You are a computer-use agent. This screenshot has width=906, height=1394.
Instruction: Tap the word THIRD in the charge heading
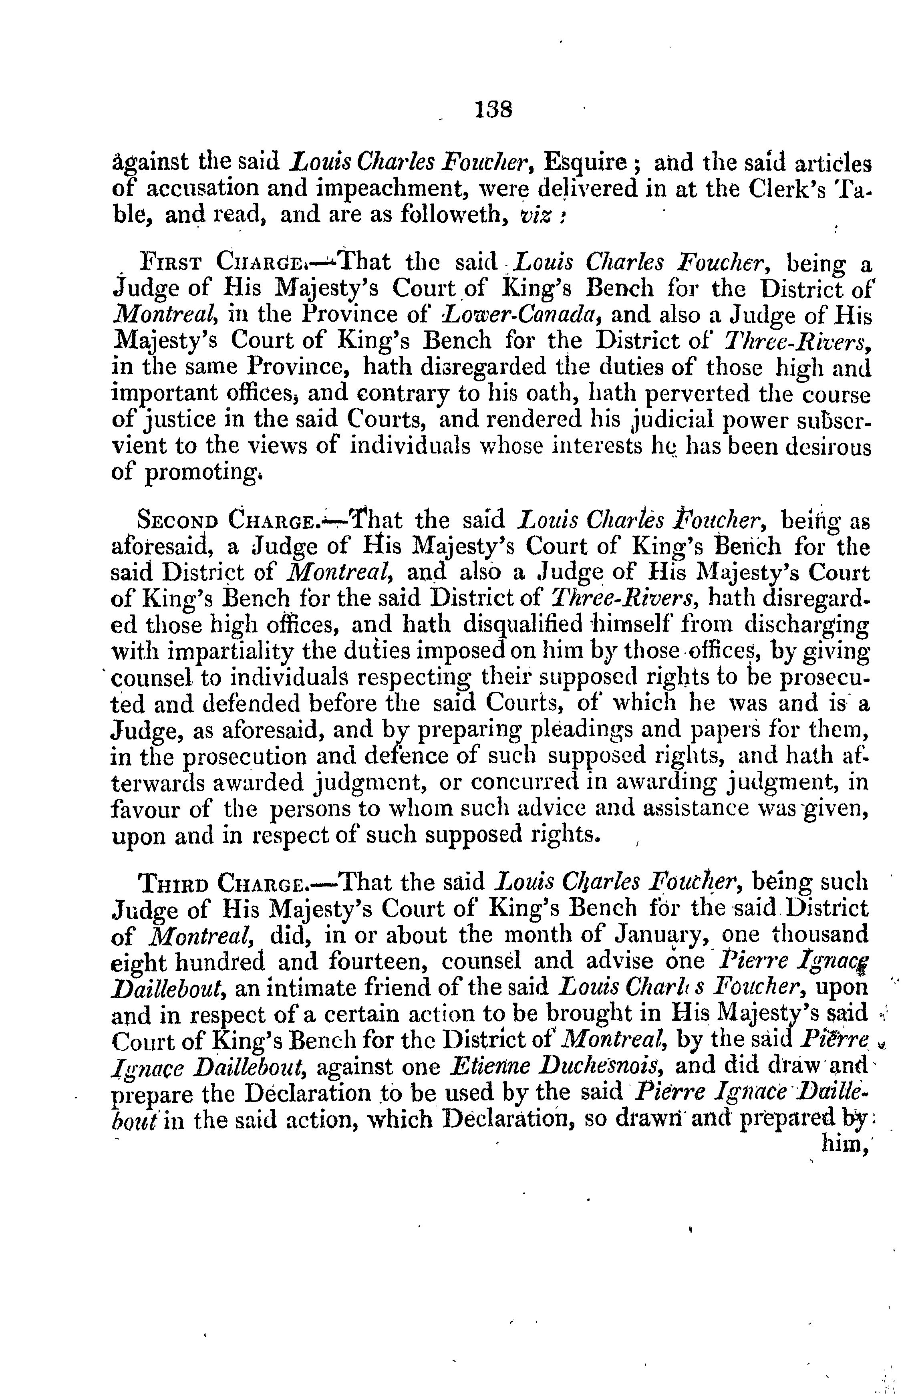pos(172,883)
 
